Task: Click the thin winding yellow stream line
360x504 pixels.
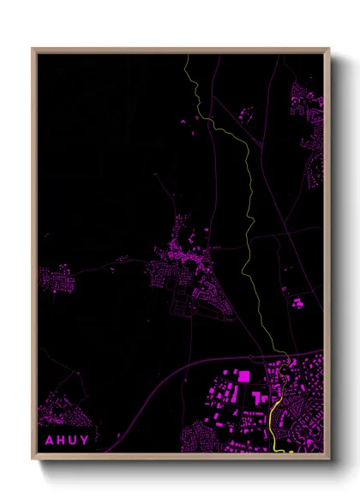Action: click(x=249, y=214)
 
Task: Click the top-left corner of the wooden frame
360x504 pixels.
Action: click(x=33, y=50)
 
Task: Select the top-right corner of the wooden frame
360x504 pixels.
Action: click(x=328, y=50)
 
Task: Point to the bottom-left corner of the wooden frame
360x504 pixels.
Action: click(x=33, y=459)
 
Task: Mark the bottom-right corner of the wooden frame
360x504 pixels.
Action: click(x=328, y=459)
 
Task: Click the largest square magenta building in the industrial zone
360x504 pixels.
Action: click(x=243, y=375)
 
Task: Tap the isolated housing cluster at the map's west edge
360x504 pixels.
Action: click(x=53, y=277)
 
